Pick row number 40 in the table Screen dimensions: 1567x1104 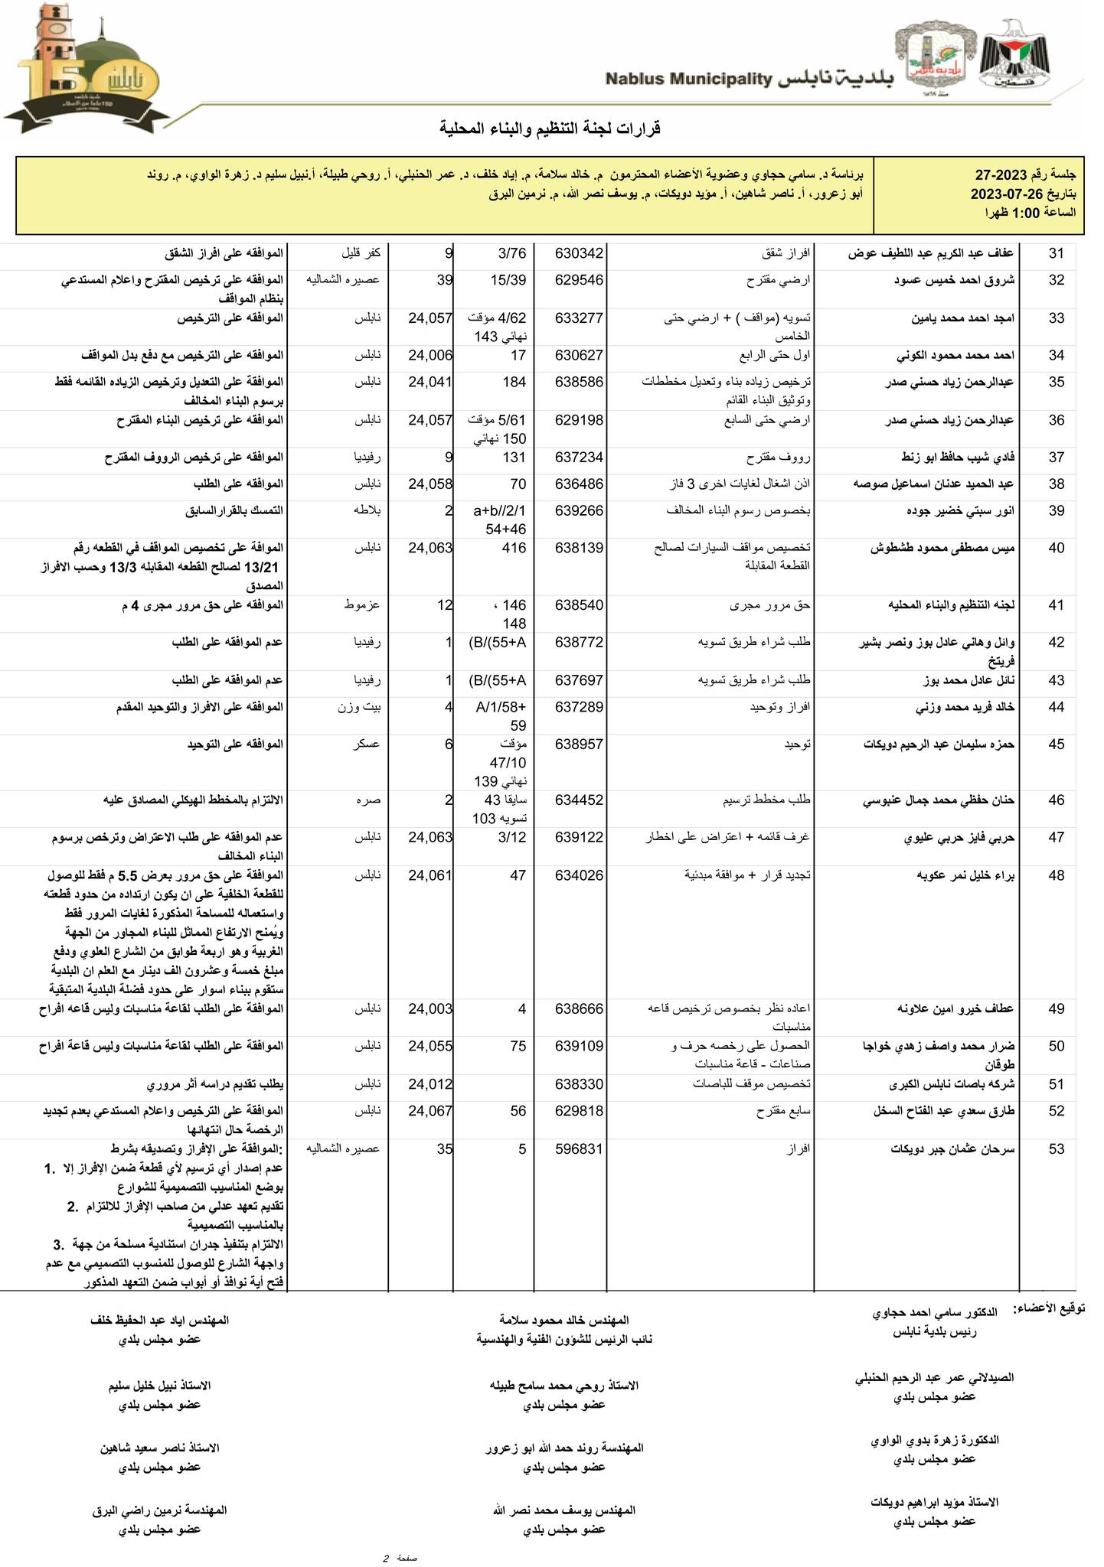point(1057,548)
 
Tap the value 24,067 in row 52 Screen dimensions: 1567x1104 point(431,1111)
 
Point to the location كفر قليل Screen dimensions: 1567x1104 point(361,253)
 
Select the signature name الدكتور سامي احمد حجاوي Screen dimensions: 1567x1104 point(935,1313)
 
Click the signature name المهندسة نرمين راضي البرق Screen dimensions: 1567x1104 point(159,1510)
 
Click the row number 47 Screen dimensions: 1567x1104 point(1057,837)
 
